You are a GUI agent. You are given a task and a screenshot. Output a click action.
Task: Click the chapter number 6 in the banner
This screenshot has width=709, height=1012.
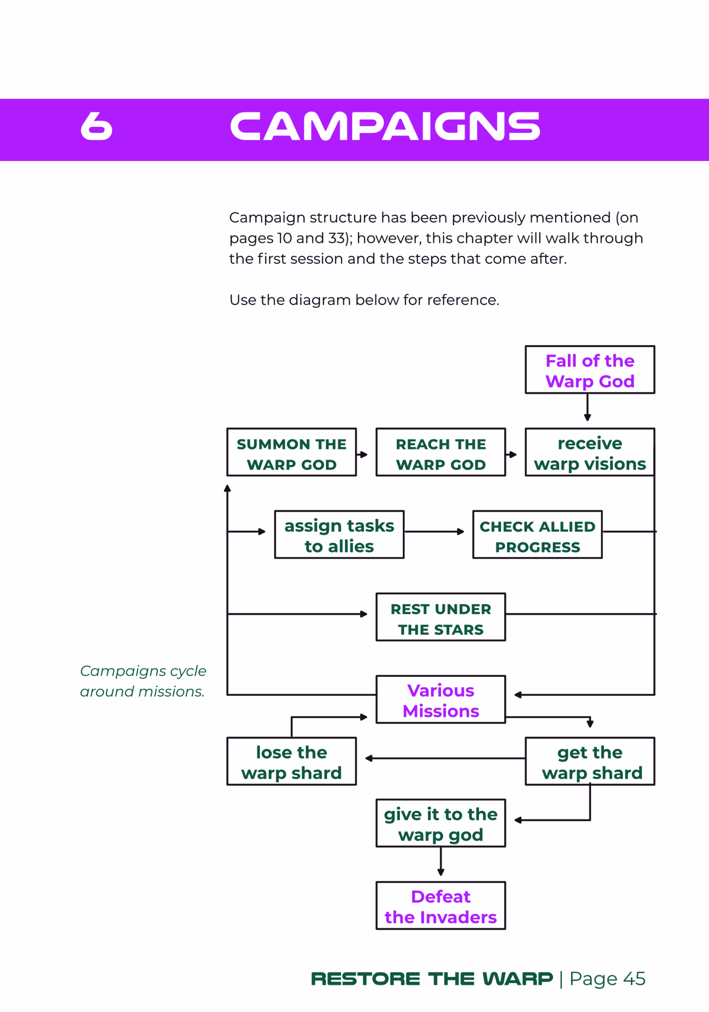tap(97, 126)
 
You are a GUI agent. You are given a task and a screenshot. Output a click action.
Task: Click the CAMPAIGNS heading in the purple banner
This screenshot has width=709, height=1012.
tap(385, 126)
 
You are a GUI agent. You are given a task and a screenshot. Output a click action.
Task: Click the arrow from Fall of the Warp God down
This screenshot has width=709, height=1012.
tap(587, 407)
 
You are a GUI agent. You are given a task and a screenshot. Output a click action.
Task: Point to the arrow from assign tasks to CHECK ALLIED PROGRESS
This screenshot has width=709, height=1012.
tap(434, 532)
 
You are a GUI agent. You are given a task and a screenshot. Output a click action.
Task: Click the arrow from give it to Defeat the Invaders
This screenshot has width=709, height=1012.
tap(441, 861)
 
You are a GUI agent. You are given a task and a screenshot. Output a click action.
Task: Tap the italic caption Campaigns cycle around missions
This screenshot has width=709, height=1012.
tap(143, 681)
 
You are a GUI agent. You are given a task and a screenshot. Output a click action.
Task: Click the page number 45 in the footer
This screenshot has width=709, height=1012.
tap(634, 978)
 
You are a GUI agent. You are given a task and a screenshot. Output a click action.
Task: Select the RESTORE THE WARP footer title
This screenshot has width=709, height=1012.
tap(432, 978)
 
